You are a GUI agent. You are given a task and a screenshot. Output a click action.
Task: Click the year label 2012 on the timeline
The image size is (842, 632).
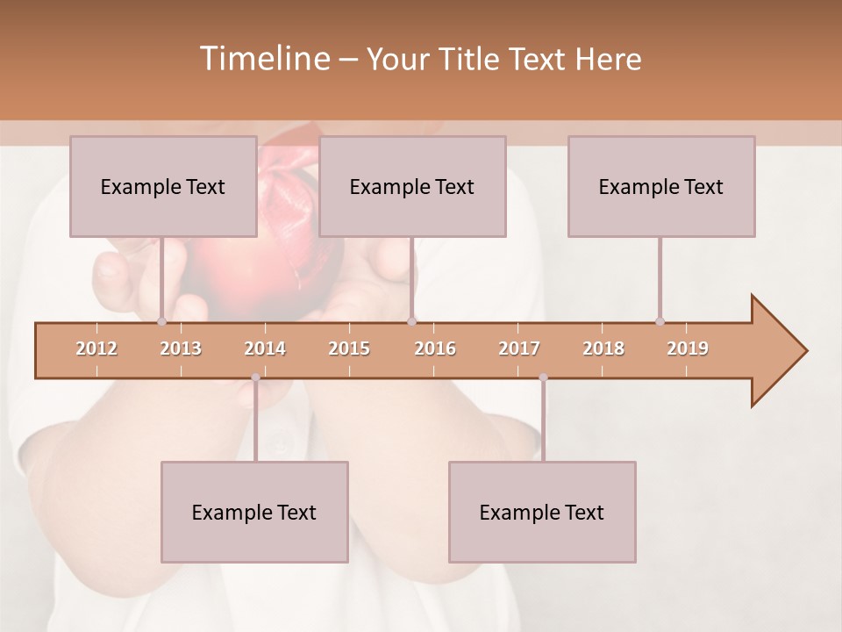tap(96, 348)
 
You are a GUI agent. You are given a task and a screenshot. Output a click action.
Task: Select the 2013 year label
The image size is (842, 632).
tap(181, 348)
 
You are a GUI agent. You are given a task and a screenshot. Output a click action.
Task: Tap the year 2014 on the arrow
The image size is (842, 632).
tap(265, 348)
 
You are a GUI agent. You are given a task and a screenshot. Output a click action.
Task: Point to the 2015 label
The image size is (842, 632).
tap(349, 348)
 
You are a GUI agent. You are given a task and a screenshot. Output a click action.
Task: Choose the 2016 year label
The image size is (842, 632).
tap(435, 348)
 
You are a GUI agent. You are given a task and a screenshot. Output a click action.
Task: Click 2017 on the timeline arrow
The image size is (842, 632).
tap(519, 348)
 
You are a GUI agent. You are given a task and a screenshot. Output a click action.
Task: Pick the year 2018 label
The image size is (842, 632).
tap(603, 348)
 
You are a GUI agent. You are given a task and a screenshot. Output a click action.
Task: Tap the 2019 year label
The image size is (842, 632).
tap(688, 348)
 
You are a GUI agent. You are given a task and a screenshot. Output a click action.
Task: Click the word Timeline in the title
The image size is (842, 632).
tap(263, 59)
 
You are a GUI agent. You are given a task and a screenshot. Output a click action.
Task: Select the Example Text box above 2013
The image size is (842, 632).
tap(163, 186)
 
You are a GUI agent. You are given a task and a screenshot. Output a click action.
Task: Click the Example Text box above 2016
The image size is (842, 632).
tap(412, 186)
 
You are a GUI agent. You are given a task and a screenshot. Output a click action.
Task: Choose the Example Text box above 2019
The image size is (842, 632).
tap(661, 186)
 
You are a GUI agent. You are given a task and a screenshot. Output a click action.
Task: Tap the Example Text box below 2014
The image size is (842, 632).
tap(254, 512)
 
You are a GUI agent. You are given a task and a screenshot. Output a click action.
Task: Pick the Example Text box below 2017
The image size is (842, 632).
tap(542, 512)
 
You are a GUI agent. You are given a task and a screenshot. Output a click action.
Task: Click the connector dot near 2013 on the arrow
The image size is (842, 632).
tap(161, 322)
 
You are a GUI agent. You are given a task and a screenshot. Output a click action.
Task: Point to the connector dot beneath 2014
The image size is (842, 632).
tap(255, 377)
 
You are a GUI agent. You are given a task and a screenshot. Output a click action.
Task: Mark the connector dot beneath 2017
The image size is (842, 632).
tap(543, 377)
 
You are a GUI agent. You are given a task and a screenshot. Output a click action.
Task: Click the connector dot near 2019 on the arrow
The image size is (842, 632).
tap(660, 322)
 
